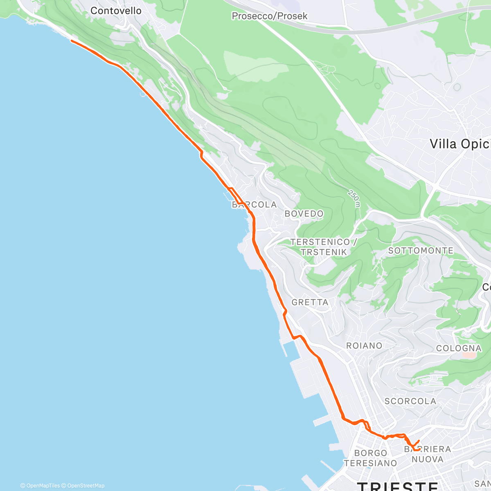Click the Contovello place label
(x=116, y=11)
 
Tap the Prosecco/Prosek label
(x=269, y=16)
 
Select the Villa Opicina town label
(x=460, y=144)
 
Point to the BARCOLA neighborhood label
(x=255, y=205)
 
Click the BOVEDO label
(x=304, y=214)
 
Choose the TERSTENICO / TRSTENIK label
(x=323, y=247)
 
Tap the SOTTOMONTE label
(x=421, y=250)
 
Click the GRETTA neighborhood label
(x=310, y=302)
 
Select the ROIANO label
(x=364, y=346)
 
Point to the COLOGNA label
(x=459, y=348)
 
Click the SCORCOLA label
(x=410, y=401)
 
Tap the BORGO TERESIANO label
(x=371, y=458)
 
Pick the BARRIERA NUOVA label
(x=428, y=454)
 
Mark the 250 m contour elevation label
(x=354, y=198)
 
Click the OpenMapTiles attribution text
(x=40, y=486)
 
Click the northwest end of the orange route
(x=72, y=41)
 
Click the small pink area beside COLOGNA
(x=469, y=355)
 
